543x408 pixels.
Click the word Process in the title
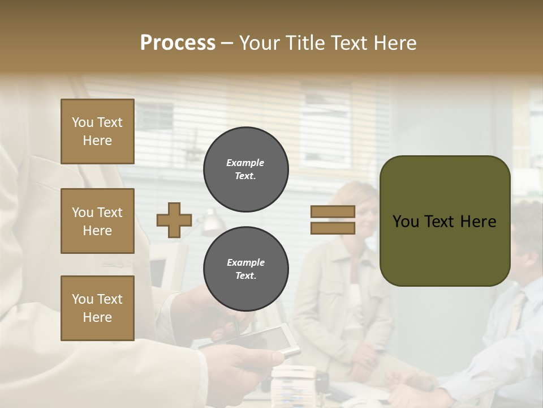click(x=178, y=43)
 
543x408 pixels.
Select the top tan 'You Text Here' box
click(x=97, y=131)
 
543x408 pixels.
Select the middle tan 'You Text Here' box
click(x=97, y=221)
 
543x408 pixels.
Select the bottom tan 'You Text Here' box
click(x=97, y=308)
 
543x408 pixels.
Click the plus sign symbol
click(x=174, y=220)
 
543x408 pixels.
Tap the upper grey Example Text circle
click(x=245, y=169)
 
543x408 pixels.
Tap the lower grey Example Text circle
click(x=245, y=269)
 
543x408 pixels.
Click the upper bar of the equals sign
click(x=333, y=212)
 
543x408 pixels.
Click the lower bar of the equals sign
click(x=333, y=228)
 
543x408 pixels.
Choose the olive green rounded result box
click(x=445, y=221)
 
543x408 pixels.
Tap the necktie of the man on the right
click(x=516, y=314)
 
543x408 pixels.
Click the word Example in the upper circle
click(x=245, y=163)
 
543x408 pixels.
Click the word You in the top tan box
click(x=83, y=122)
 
